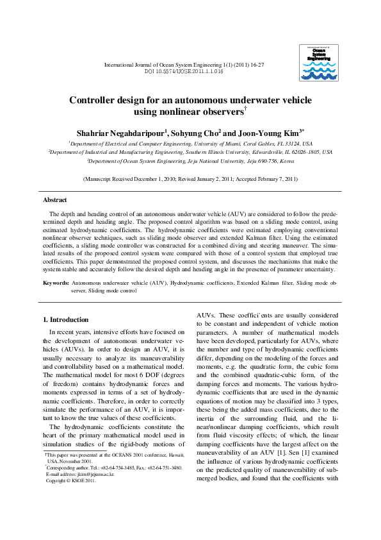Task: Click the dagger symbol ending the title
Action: click(x=246, y=110)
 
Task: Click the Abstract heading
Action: click(x=54, y=200)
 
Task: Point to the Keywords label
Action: click(x=56, y=283)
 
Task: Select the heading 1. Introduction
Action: click(x=65, y=319)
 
